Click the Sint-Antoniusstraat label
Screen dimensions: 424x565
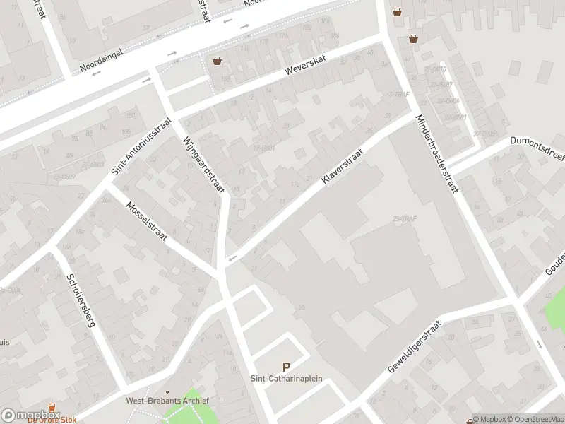[141, 146]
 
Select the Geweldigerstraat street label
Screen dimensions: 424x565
[415, 348]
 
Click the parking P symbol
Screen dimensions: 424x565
[287, 367]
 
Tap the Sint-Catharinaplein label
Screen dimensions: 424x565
[287, 379]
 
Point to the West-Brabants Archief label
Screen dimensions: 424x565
[167, 401]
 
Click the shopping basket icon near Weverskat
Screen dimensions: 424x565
[217, 61]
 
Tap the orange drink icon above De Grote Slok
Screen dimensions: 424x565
[52, 408]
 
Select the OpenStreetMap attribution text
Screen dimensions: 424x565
[533, 419]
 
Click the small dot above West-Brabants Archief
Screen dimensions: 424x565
[167, 391]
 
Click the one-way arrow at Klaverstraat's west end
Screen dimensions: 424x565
[232, 259]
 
